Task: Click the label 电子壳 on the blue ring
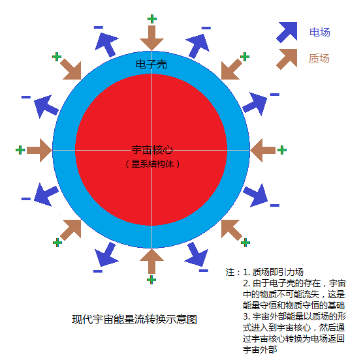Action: [x=151, y=65]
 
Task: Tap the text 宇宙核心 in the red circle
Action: [x=152, y=150]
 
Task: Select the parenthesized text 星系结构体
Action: [x=152, y=164]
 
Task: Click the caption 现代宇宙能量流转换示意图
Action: [x=134, y=320]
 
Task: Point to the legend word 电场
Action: [x=320, y=32]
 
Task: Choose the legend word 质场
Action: [x=319, y=59]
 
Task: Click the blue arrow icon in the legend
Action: [x=287, y=33]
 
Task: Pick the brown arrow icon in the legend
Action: [x=287, y=59]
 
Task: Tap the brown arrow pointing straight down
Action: [x=151, y=38]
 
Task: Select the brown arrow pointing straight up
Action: [x=151, y=262]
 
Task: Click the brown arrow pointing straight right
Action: [x=39, y=150]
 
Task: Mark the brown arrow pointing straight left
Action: [x=262, y=150]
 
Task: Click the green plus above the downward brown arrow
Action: [x=152, y=19]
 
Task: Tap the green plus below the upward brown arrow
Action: [x=151, y=280]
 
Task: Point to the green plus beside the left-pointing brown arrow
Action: [x=282, y=150]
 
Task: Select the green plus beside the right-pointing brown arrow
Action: [x=20, y=150]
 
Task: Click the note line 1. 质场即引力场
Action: [x=273, y=272]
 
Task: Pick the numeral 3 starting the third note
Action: [x=245, y=316]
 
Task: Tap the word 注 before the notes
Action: [x=230, y=272]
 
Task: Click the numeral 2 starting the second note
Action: [x=245, y=283]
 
